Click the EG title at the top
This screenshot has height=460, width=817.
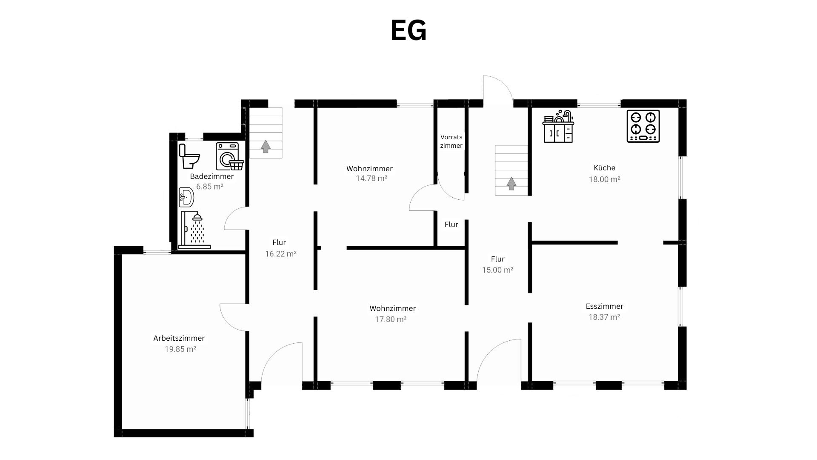[x=408, y=31]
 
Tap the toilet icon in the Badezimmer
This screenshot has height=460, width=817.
[x=189, y=156]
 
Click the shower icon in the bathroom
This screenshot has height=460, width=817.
[x=194, y=230]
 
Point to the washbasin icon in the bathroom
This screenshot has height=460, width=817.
[x=186, y=197]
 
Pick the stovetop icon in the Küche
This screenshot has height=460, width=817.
[x=643, y=126]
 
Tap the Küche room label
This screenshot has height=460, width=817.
[x=604, y=168]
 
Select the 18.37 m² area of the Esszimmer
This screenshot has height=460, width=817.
[x=604, y=317]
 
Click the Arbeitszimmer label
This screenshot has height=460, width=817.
[x=179, y=338]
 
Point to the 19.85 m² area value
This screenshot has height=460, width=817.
[x=180, y=349]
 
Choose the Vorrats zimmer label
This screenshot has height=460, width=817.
[x=451, y=141]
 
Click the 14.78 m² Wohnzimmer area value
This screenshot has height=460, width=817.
[x=371, y=178]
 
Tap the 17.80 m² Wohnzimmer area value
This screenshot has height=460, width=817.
[x=391, y=319]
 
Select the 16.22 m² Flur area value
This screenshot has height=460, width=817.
[x=281, y=254]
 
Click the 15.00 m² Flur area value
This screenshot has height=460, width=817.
[x=497, y=270]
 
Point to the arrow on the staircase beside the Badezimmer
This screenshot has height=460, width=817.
[x=266, y=146]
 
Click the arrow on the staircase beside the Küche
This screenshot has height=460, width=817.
[x=511, y=184]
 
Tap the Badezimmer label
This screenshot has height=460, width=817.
[x=212, y=176]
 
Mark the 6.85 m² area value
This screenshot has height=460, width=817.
[x=210, y=187]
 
